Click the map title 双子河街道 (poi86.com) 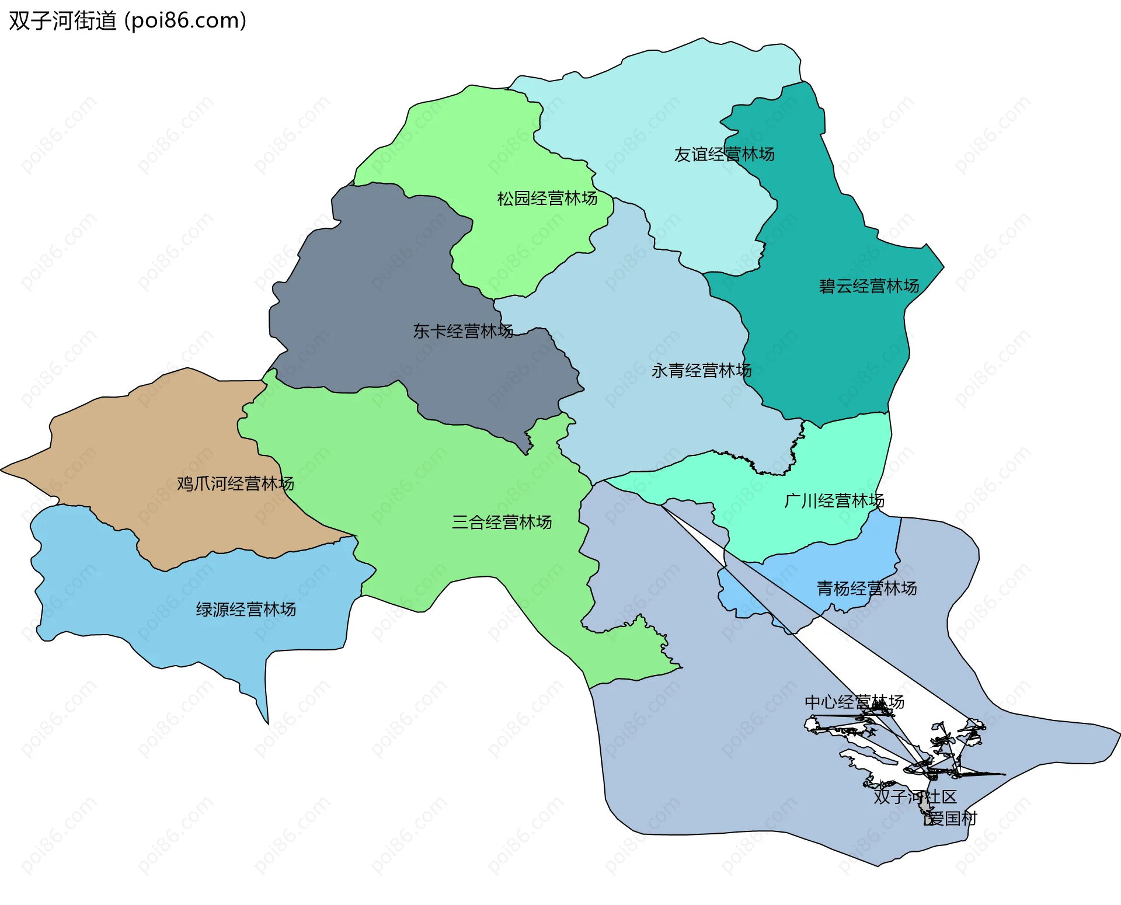127,21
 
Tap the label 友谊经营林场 724,154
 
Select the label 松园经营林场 547,199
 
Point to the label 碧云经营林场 869,286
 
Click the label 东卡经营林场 463,331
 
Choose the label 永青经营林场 701,370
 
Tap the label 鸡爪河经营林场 235,483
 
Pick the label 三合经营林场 502,522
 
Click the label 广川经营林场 834,500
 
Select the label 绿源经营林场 246,610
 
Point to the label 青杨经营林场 866,588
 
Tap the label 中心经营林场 854,702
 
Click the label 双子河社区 915,797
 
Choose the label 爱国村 951,819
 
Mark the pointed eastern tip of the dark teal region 943,267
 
